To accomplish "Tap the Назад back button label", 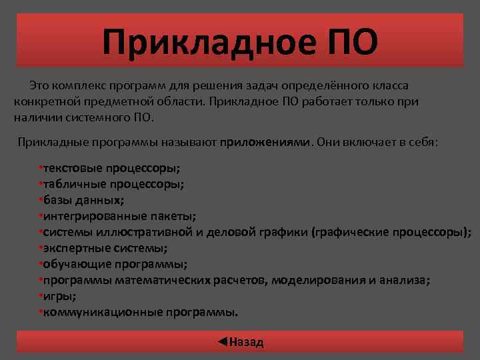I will tap(247, 343).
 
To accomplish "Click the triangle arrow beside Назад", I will tap(223, 342).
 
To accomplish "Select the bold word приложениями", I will tap(265, 142).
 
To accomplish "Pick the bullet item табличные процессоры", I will tap(113, 183).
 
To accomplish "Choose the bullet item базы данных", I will tap(84, 199).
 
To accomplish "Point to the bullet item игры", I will tap(59, 296).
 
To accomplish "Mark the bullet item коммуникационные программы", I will tap(140, 312).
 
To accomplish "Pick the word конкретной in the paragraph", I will tap(42, 103).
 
